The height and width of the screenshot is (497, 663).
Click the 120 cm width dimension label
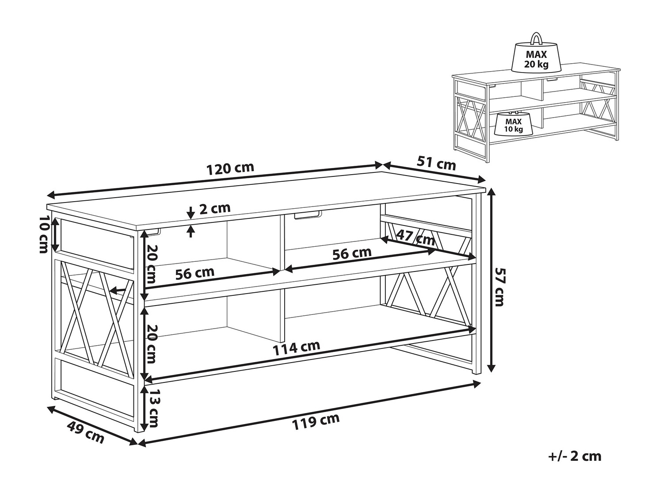pos(230,168)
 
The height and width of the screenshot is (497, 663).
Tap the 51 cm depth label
pos(436,164)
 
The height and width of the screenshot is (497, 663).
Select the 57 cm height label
pos(499,287)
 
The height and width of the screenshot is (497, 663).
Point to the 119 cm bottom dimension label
pos(315,421)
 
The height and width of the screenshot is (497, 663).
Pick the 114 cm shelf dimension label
pos(296,348)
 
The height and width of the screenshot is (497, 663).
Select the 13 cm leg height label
pos(152,408)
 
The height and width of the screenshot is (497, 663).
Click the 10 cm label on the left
pos(44,234)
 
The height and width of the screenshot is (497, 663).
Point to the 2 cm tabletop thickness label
pos(215,208)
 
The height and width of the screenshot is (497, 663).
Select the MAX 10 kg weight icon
pos(513,123)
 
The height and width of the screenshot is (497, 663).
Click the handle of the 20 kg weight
pos(536,38)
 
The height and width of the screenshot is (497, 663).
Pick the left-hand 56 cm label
pos(195,273)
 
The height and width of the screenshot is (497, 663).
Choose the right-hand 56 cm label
pos(352,253)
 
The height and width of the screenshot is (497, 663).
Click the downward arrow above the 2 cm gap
pos(191,213)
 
